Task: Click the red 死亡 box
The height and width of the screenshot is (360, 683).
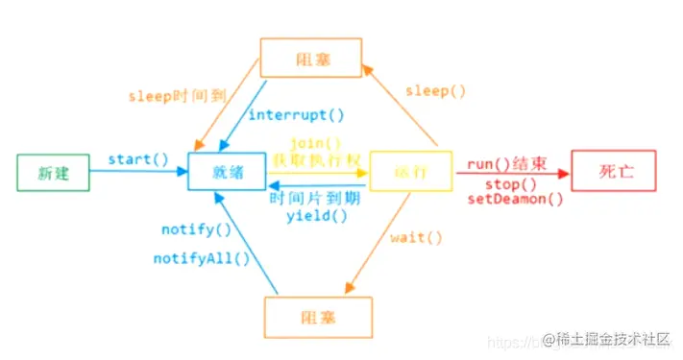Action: point(613,173)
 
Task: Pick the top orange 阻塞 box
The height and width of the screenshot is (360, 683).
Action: point(310,58)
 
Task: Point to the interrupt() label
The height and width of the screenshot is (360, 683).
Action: point(296,115)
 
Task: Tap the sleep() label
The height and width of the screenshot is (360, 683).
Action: point(434,91)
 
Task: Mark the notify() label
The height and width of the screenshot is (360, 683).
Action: point(196,229)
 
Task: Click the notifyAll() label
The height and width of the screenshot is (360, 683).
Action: point(202,257)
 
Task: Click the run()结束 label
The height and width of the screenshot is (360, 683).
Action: point(507,164)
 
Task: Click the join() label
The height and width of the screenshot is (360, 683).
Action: point(317,144)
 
